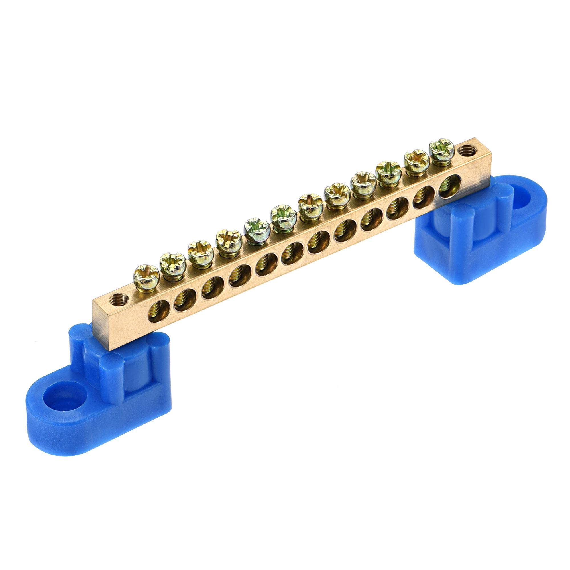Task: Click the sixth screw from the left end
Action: coord(282,213)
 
